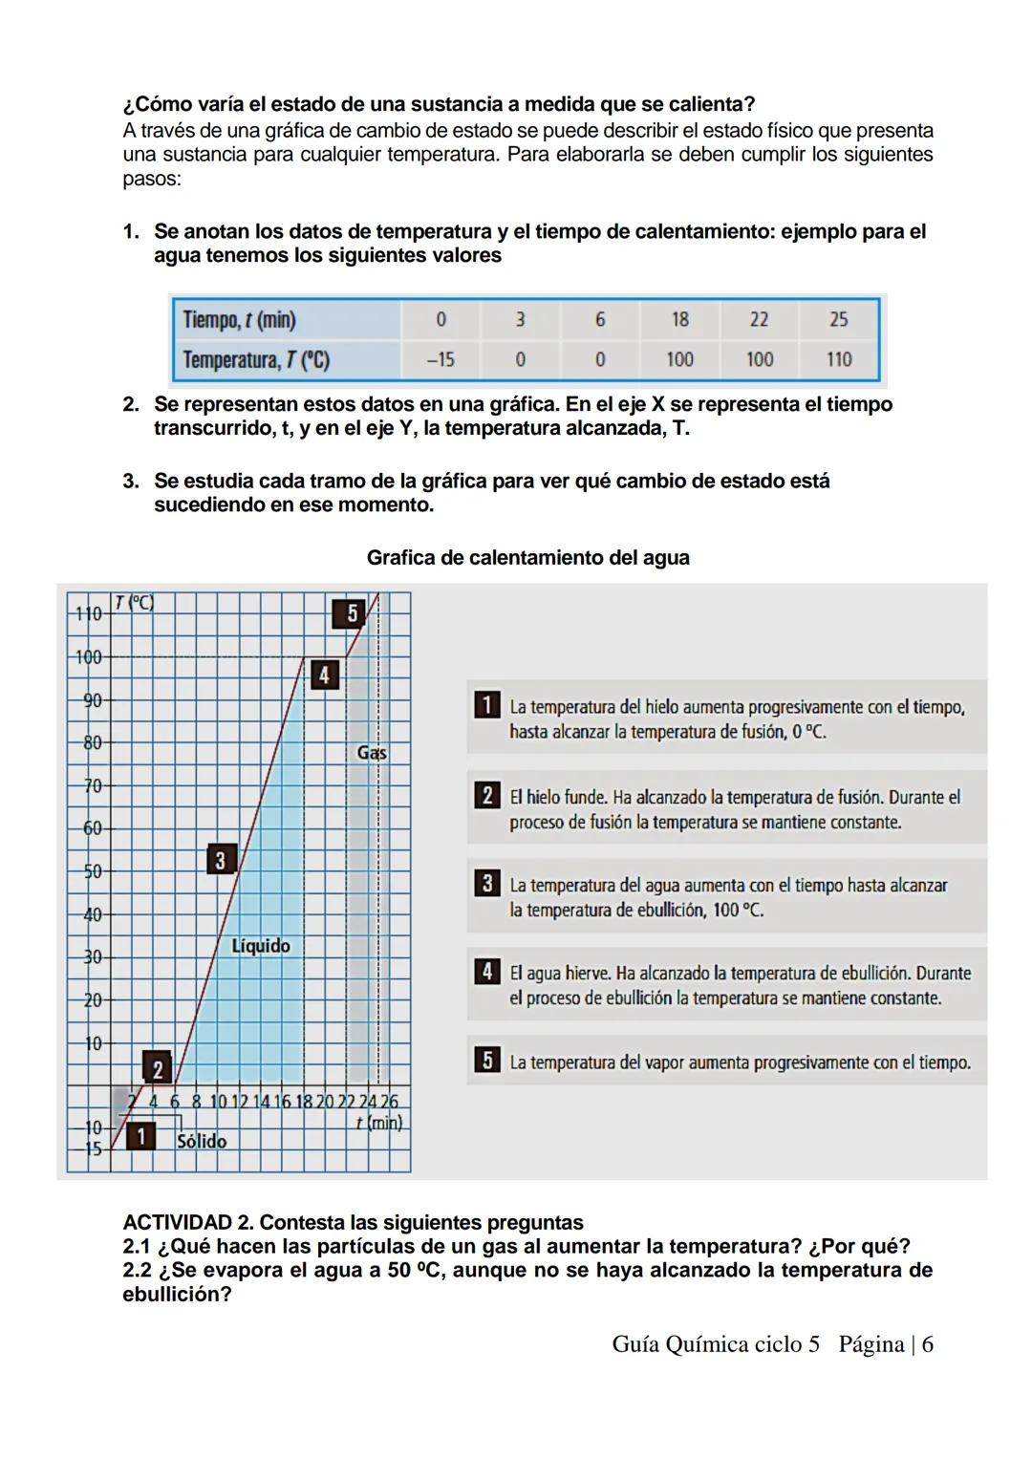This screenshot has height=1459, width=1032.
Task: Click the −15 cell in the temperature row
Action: point(440,360)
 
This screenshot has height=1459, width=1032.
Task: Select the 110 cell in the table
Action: point(838,360)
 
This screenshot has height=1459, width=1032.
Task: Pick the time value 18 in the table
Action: point(679,319)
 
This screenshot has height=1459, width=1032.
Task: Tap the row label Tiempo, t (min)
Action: point(239,319)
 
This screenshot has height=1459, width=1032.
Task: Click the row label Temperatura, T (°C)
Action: point(256,360)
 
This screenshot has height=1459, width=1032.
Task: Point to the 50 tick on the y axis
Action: point(92,871)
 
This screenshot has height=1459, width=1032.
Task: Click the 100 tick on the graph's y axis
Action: point(89,657)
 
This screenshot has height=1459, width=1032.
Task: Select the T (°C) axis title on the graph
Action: point(133,603)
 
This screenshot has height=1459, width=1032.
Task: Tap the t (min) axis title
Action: point(378,1123)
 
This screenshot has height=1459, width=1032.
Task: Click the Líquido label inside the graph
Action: point(260,946)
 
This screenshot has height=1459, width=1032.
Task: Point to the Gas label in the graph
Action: point(371,753)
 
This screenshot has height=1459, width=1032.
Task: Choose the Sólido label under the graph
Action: point(202,1141)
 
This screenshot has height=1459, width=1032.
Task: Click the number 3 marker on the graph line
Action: point(220,860)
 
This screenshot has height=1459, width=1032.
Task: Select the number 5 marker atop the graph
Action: point(351,613)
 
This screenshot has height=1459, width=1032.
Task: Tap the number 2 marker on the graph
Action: point(157,1067)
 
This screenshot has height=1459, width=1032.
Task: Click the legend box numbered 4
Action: point(486,972)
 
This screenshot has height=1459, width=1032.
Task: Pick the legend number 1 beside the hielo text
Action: point(486,706)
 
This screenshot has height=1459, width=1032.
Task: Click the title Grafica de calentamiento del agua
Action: point(527,558)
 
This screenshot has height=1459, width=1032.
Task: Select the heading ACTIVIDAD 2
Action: point(187,1223)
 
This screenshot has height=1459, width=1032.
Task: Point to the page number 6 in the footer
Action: point(927,1344)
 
